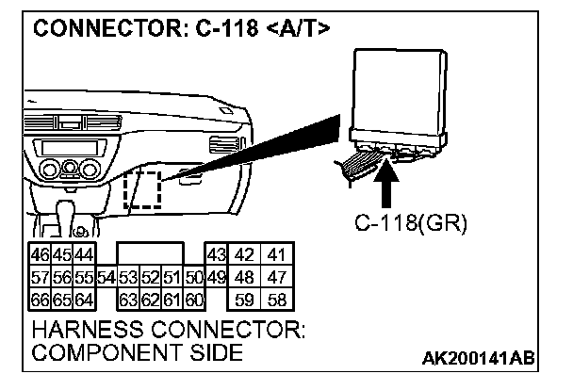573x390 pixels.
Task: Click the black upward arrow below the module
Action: [x=386, y=184]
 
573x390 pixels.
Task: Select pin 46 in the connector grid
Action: [x=41, y=255]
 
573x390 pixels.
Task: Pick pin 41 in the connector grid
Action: [x=276, y=255]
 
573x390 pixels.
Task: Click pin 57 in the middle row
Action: [x=41, y=278]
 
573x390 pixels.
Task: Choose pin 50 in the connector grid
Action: [x=194, y=278]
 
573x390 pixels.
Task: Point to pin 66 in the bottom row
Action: [x=41, y=301]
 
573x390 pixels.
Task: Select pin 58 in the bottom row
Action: [x=276, y=301]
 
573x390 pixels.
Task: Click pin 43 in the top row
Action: [x=216, y=255]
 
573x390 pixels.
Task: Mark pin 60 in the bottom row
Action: [x=194, y=301]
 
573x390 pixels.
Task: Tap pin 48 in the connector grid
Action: [x=243, y=278]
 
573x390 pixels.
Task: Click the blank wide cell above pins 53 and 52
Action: [x=151, y=255]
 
